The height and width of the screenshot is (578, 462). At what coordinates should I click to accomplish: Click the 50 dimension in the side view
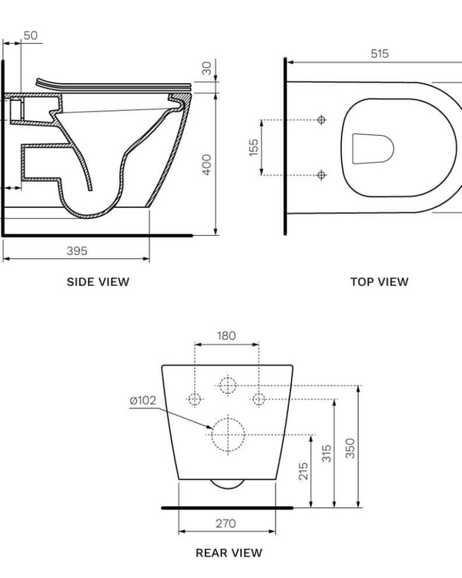[31, 35]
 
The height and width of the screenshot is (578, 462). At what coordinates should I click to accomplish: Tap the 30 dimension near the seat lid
[206, 68]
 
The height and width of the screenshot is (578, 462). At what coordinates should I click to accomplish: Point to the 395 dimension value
[76, 250]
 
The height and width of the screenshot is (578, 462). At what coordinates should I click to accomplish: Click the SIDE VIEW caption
[98, 282]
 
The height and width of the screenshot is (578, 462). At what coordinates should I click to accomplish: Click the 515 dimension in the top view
[380, 54]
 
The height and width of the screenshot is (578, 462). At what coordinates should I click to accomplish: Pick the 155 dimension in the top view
[253, 147]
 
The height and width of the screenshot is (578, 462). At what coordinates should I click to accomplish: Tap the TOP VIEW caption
[379, 282]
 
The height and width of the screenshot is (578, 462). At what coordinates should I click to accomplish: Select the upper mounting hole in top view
[322, 119]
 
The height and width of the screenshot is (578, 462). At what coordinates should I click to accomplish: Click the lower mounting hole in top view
[322, 175]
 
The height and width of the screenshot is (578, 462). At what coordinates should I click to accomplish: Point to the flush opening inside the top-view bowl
[373, 148]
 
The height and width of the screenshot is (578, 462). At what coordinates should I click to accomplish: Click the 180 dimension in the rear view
[226, 336]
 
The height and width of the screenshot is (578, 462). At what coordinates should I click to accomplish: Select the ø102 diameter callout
[143, 400]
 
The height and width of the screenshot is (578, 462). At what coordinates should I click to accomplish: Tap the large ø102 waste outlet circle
[227, 433]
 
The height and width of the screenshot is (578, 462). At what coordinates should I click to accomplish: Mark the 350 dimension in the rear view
[351, 449]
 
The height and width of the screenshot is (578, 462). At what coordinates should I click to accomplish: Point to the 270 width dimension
[226, 524]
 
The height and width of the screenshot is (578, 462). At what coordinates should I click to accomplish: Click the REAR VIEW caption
[229, 553]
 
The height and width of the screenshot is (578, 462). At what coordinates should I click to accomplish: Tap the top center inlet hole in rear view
[227, 385]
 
